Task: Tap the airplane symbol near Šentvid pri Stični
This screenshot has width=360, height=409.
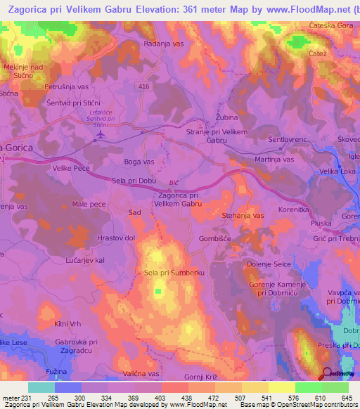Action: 101,134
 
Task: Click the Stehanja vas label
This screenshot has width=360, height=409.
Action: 243,215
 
